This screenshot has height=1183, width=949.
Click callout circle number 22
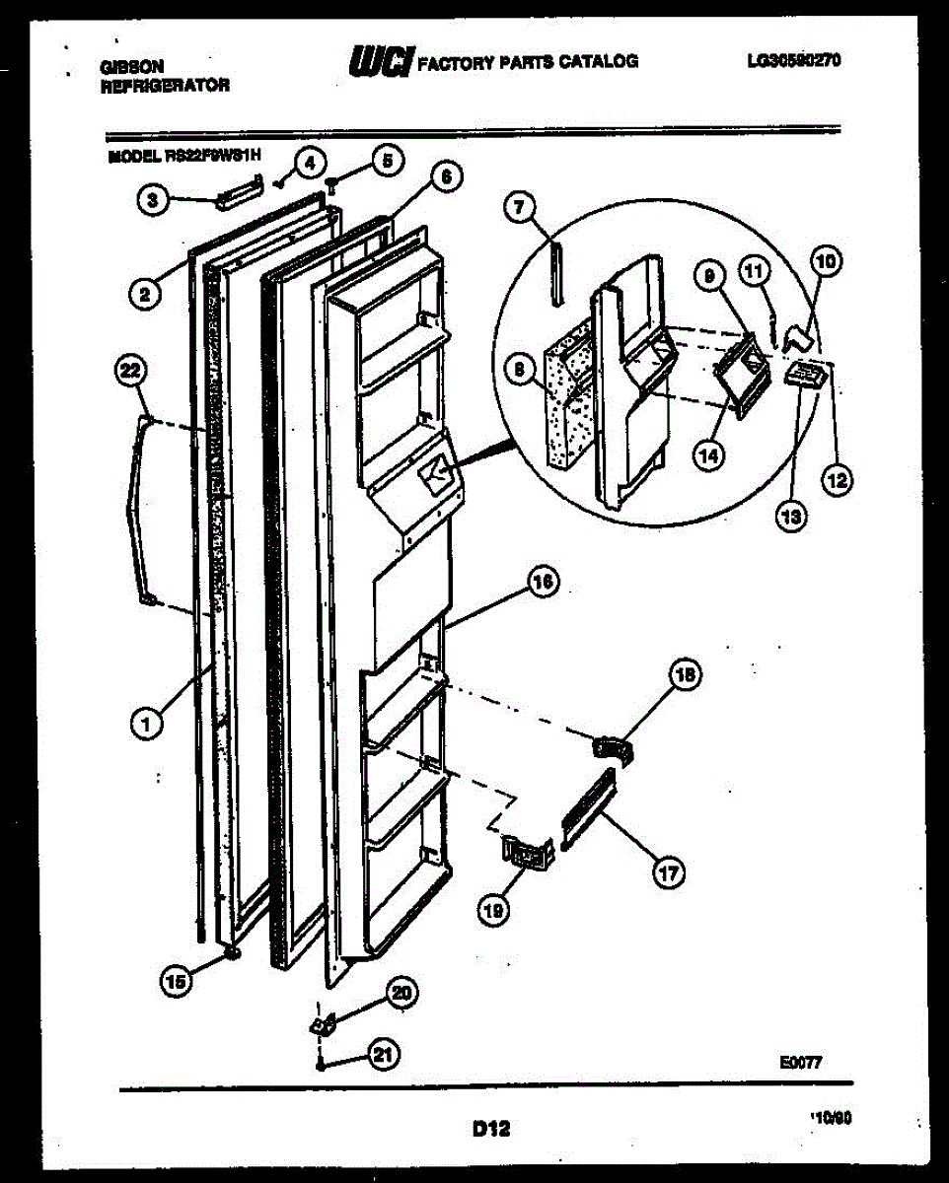click(130, 372)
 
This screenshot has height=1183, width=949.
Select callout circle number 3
click(150, 201)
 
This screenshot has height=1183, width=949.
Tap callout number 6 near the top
click(446, 177)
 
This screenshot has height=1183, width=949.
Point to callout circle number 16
click(542, 584)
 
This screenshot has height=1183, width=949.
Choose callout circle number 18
click(684, 675)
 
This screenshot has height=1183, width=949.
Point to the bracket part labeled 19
click(527, 852)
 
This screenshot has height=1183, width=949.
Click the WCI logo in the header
click(382, 61)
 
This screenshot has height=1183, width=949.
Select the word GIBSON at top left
click(132, 67)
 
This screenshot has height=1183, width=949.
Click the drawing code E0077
click(800, 1063)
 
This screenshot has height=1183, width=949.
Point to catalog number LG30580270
click(793, 61)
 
